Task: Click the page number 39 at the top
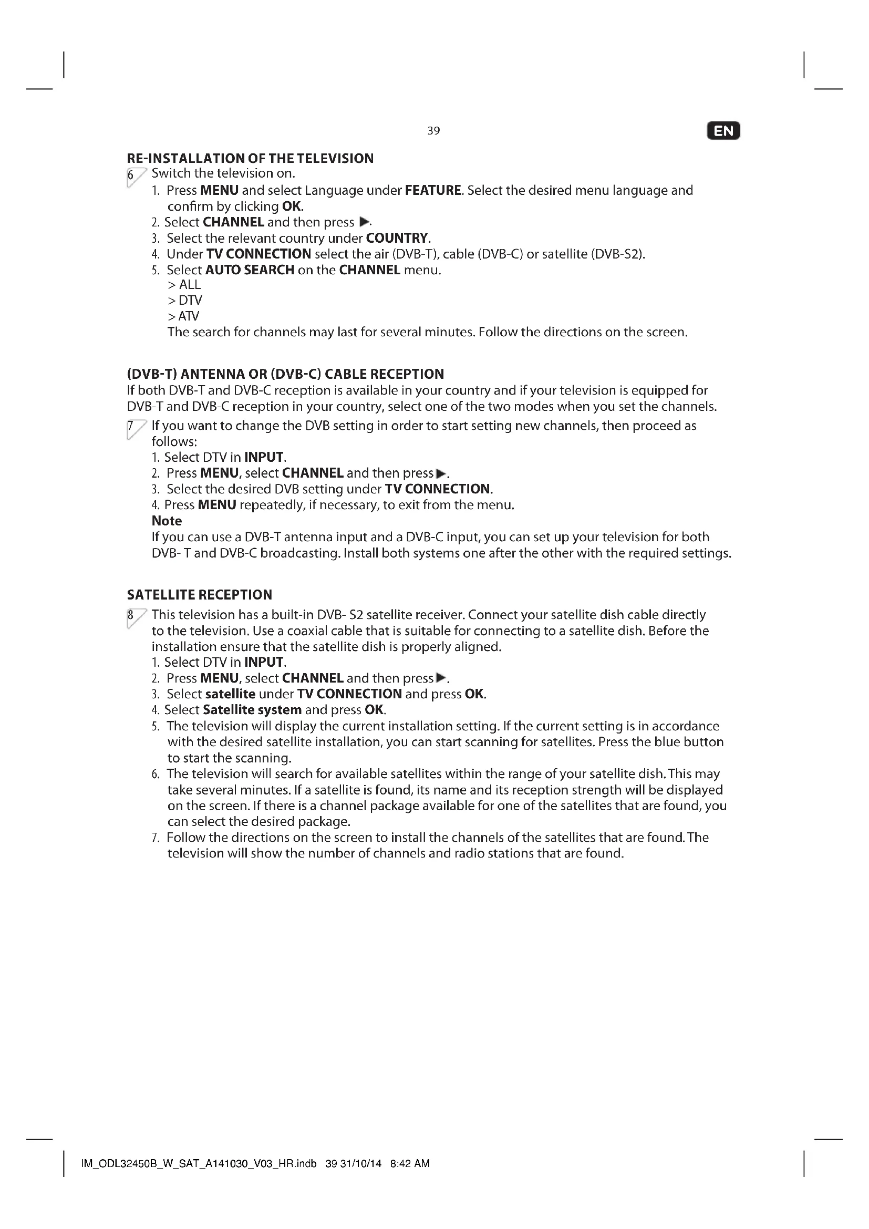433,131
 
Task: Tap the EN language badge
723,131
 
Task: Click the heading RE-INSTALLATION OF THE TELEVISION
250,159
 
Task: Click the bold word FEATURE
433,191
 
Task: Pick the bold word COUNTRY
397,238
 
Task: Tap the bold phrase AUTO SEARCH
250,270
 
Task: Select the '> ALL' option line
184,285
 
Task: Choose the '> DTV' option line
184,301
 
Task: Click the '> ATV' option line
183,316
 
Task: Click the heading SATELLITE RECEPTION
199,595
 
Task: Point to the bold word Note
167,521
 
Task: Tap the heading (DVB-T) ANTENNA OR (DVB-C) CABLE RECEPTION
285,374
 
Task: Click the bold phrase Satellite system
252,710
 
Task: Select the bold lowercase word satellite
230,694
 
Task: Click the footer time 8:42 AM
410,1163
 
